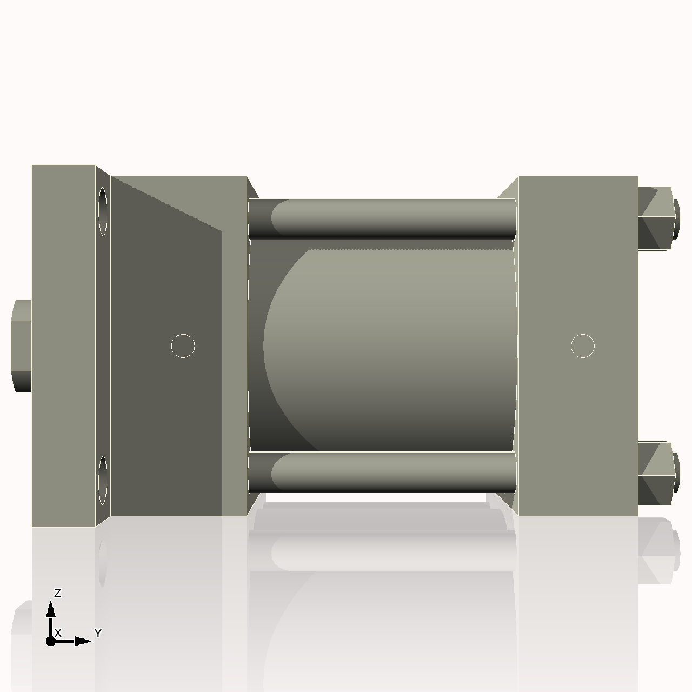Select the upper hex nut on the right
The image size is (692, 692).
pos(657,218)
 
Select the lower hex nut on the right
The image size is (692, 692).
pos(657,473)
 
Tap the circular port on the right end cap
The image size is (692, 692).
pos(582,346)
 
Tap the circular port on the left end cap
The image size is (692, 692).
pos(183,346)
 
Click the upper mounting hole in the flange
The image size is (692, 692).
pos(103,211)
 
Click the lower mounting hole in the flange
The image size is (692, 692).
pos(103,480)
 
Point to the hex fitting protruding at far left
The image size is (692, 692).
pos(22,346)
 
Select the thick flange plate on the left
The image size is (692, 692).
pos(63,346)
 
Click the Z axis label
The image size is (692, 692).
pos(57,593)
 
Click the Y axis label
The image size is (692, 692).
pos(98,633)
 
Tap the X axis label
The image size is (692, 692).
pos(58,633)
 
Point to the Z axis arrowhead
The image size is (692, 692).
pos(51,609)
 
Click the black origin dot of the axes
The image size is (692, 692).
pos(51,641)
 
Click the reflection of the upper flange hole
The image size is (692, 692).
pos(103,562)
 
